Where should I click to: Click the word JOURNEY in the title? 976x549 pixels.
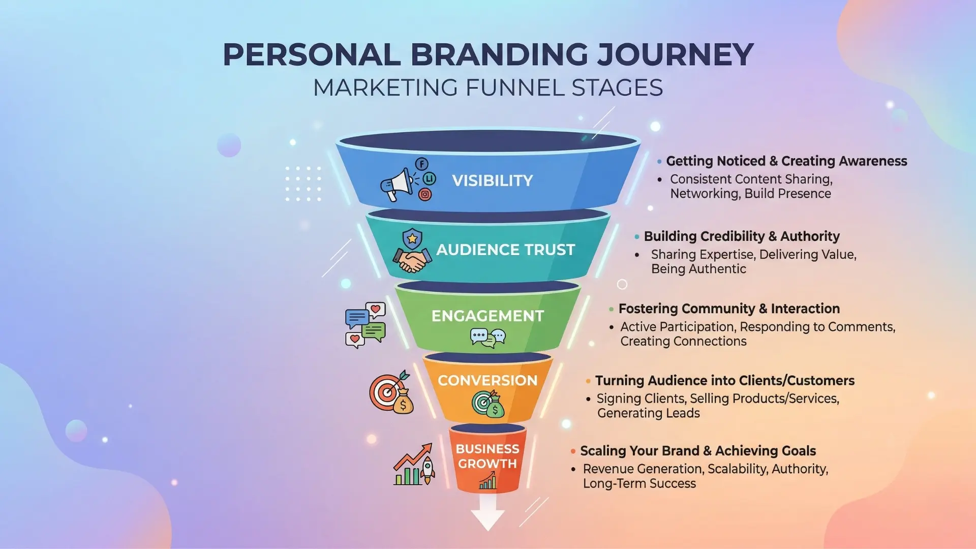tap(675, 55)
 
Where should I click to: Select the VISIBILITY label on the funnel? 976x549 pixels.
tap(493, 180)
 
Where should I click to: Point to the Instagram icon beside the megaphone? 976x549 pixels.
tap(425, 194)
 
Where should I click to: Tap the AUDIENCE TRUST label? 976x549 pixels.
tap(506, 250)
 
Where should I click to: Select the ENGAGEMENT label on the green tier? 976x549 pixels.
tap(487, 316)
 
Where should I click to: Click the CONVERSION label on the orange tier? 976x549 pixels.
tap(487, 380)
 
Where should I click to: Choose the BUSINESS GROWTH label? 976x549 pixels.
tap(487, 456)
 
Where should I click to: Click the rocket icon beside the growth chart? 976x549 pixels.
tap(428, 469)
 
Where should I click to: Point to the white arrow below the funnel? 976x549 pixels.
tap(487, 512)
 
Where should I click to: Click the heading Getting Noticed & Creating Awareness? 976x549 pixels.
tap(786, 161)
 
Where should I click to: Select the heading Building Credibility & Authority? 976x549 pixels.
tap(742, 236)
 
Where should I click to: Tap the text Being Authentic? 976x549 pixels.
tap(698, 269)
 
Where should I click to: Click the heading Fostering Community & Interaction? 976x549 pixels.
tap(729, 309)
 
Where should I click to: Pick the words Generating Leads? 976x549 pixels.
tap(648, 413)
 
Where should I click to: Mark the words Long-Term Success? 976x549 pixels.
tap(639, 483)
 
